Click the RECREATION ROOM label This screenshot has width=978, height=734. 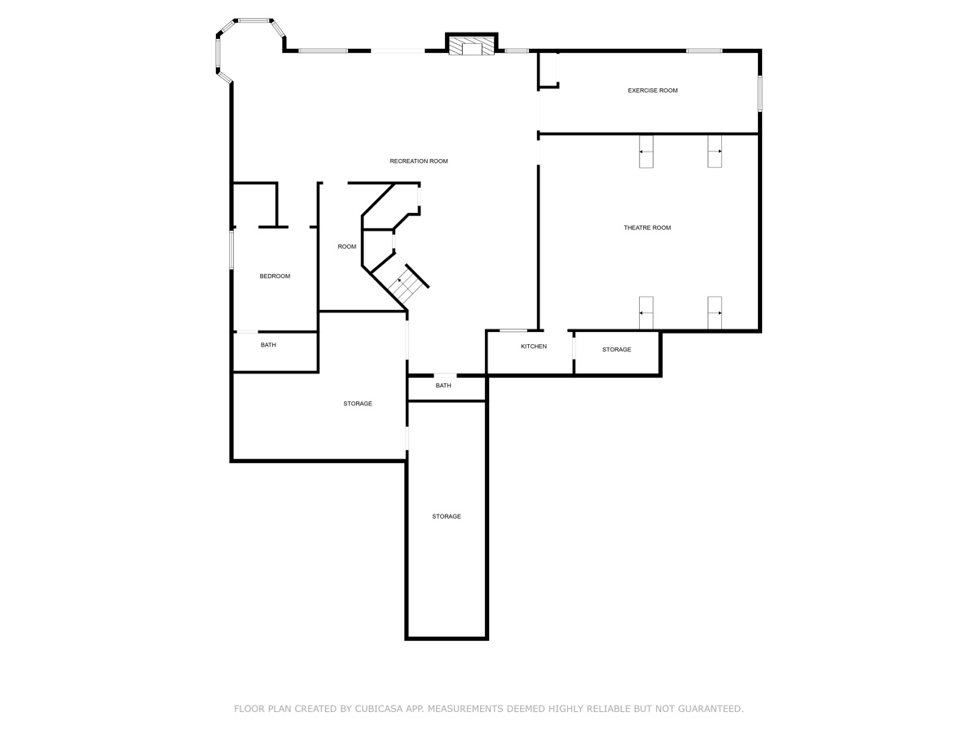click(x=419, y=161)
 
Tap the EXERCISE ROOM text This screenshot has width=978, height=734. click(x=652, y=91)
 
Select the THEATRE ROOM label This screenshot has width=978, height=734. click(x=647, y=228)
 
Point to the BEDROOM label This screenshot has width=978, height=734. click(x=275, y=276)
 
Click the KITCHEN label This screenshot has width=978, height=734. click(x=534, y=347)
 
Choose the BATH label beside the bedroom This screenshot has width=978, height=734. click(x=268, y=345)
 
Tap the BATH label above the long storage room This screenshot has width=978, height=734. click(x=443, y=386)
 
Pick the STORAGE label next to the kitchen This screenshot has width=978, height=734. click(x=616, y=350)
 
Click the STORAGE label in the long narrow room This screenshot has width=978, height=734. click(x=447, y=516)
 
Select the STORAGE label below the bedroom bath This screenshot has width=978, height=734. click(x=357, y=404)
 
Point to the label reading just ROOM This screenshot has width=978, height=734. click(x=347, y=246)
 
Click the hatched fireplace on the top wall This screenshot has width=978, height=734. click(x=472, y=46)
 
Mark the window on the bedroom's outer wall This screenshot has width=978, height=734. click(x=231, y=249)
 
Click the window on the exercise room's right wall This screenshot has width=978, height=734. click(x=760, y=94)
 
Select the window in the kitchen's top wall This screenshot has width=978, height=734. click(x=513, y=330)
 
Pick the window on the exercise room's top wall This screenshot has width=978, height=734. click(x=703, y=51)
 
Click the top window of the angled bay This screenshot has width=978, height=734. click(x=254, y=20)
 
